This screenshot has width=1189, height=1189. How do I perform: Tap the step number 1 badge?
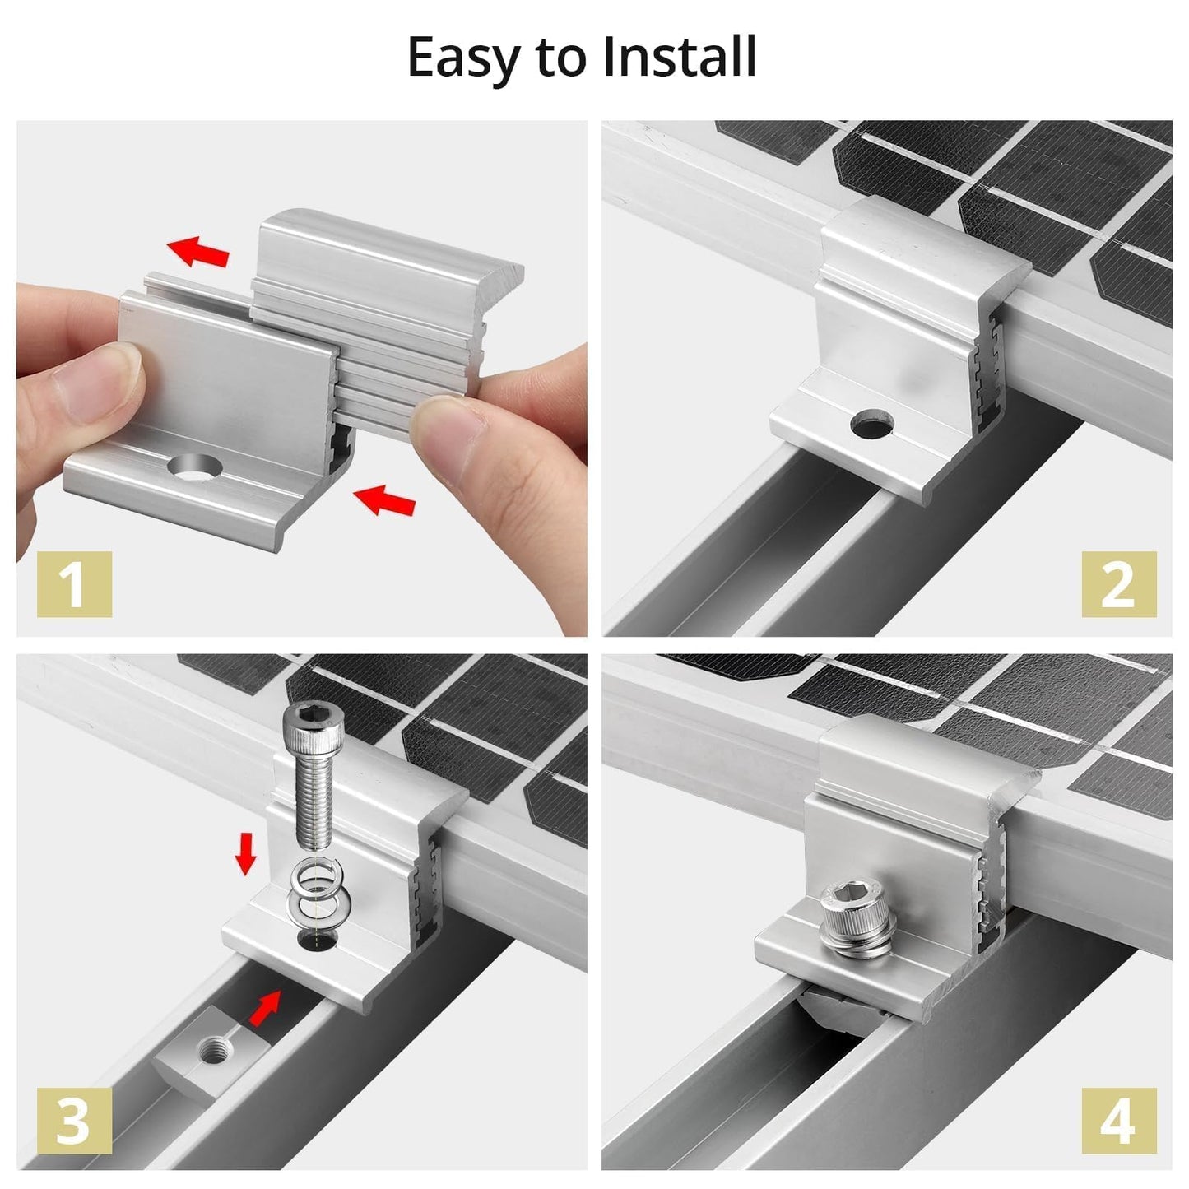pos(74,584)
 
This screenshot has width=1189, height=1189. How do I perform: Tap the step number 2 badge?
pos(1117,584)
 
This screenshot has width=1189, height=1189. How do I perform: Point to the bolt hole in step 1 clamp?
pos(195,467)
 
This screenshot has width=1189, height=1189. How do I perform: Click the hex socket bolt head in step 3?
pos(305,725)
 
